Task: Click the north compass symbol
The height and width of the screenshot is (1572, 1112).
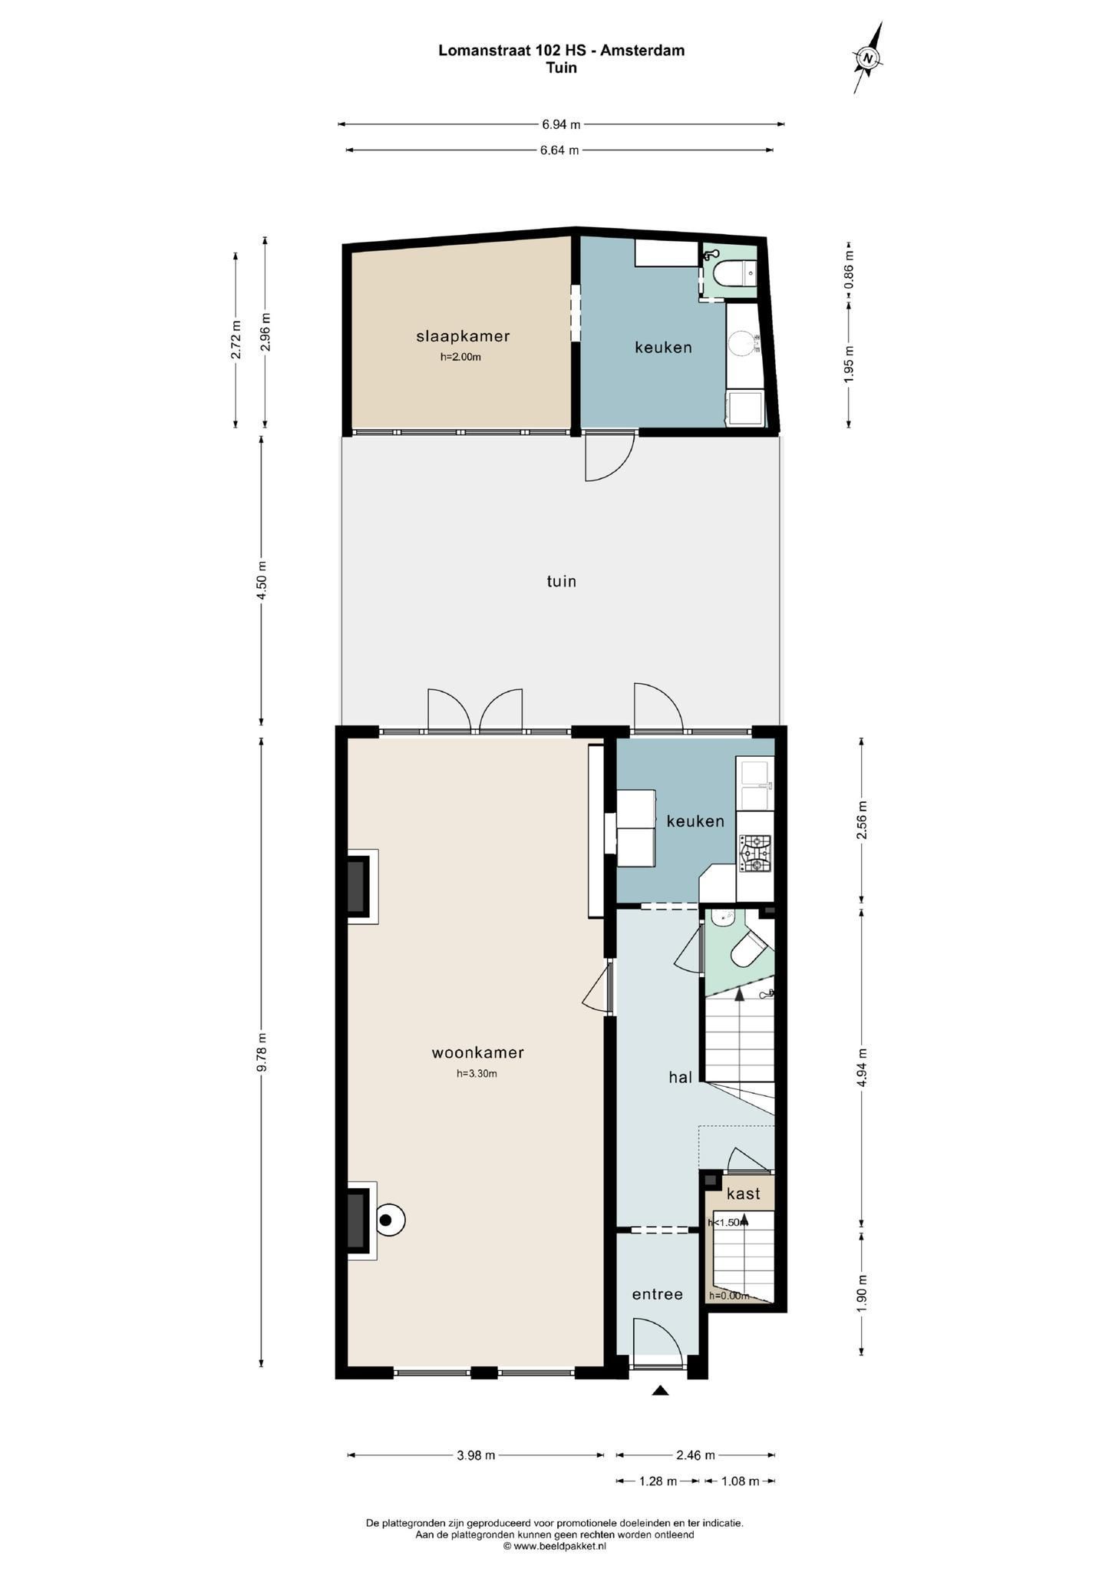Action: point(868,58)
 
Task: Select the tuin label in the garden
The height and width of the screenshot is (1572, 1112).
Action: point(561,581)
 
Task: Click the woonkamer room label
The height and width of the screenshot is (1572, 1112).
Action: point(477,1052)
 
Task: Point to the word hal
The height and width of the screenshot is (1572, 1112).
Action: point(680,1077)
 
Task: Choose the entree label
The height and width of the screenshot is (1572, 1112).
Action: point(657,1294)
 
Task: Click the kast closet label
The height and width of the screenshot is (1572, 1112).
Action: point(743,1194)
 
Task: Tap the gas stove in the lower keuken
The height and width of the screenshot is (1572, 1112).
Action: point(755,854)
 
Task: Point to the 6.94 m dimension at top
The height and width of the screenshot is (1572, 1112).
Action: point(561,124)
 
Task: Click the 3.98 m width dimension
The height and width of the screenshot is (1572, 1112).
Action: point(476,1455)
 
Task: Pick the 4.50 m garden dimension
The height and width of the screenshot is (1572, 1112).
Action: point(262,581)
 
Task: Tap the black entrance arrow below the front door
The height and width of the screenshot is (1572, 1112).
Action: point(659,1390)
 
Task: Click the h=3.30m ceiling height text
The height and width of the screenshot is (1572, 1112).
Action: point(477,1074)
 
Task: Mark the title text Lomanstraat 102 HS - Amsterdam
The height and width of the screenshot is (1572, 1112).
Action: point(561,51)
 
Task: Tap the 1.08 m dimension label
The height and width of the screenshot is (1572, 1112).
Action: point(740,1481)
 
